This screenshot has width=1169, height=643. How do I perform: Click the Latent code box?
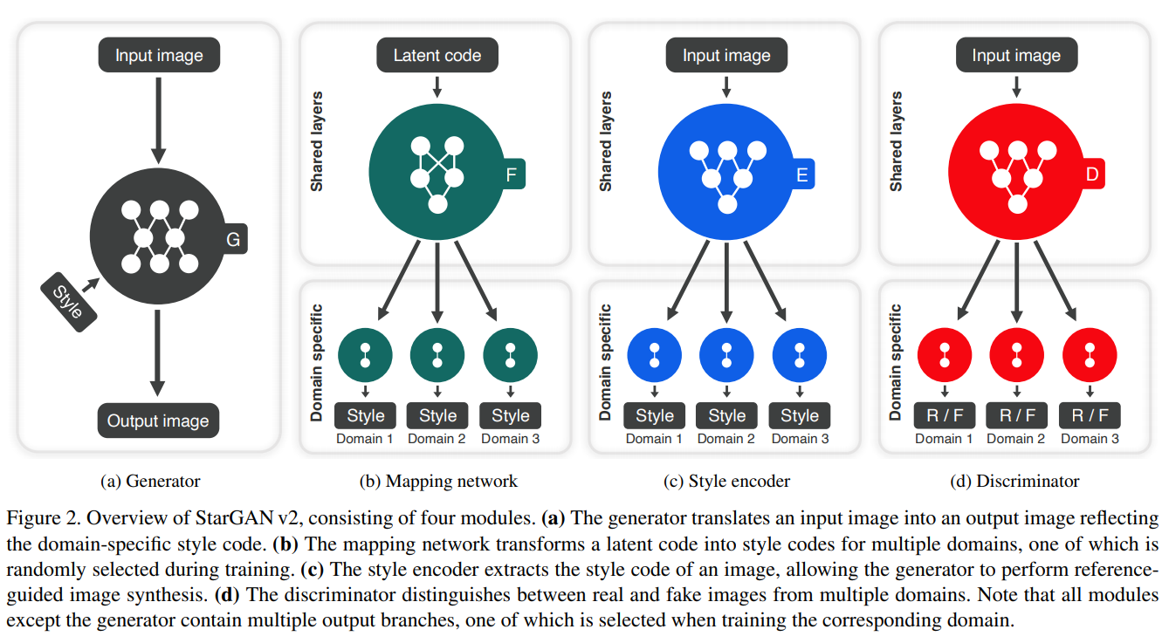437,56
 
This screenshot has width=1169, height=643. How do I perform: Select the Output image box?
158,421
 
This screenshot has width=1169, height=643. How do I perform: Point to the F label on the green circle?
511,175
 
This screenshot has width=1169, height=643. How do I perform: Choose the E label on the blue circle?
801,175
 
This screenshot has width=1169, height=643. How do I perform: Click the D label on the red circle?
1090,175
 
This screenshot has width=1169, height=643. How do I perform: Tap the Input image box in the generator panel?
158,56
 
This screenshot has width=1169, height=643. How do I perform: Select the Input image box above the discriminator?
1016,56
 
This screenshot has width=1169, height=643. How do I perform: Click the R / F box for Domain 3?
1090,415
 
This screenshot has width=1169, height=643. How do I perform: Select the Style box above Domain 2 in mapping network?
437,415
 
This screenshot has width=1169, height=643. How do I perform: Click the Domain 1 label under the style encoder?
654,439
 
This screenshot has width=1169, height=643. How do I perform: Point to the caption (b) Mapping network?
438,481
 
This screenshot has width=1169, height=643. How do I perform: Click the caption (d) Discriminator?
1014,481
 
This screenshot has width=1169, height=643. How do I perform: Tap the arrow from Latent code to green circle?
437,86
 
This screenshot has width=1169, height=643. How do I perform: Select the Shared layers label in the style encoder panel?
606,141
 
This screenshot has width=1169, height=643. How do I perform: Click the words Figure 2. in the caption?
37,518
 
